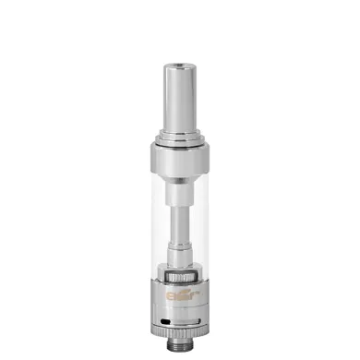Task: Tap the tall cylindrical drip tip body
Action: pyautogui.click(x=180, y=83)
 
